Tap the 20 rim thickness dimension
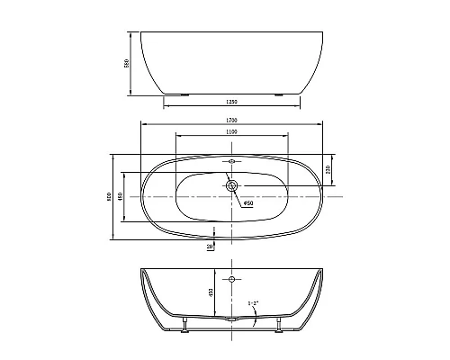210,245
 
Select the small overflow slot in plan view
232,163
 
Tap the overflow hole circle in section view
232,281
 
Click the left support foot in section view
184,325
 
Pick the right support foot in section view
282,325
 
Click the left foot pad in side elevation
184,93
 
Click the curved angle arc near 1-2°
256,313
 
